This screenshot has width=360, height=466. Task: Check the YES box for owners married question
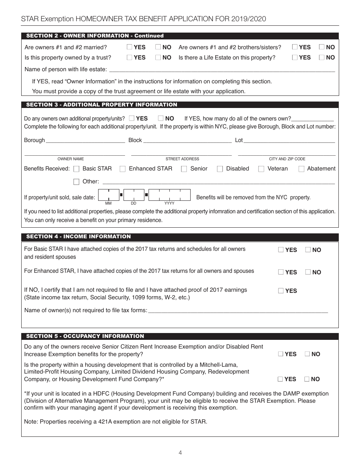[x=130, y=47]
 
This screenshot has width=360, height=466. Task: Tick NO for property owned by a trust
[x=158, y=58]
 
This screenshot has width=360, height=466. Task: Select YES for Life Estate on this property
[x=295, y=58]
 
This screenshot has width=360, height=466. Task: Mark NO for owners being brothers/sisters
[x=322, y=47]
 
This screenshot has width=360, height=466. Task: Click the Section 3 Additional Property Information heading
[x=102, y=105]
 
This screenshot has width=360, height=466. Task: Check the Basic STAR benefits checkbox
[x=76, y=169]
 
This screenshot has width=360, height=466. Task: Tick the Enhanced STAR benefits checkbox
[x=122, y=169]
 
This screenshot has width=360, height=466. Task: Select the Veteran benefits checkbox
[x=261, y=169]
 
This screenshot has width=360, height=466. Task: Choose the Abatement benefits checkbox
[x=302, y=169]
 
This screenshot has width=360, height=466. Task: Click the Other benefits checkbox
[x=76, y=182]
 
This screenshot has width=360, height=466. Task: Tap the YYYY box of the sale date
[x=169, y=195]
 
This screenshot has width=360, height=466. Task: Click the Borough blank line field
[x=85, y=140]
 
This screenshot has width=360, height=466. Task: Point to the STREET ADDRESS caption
[x=182, y=159]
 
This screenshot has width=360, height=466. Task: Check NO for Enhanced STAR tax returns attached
[x=308, y=272]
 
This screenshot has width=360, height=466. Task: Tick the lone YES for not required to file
[x=281, y=291]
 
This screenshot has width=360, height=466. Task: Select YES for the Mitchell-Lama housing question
[x=280, y=379]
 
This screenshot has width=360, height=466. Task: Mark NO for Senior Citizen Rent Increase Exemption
[x=308, y=354]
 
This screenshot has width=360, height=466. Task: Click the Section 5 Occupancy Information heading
[x=85, y=336]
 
